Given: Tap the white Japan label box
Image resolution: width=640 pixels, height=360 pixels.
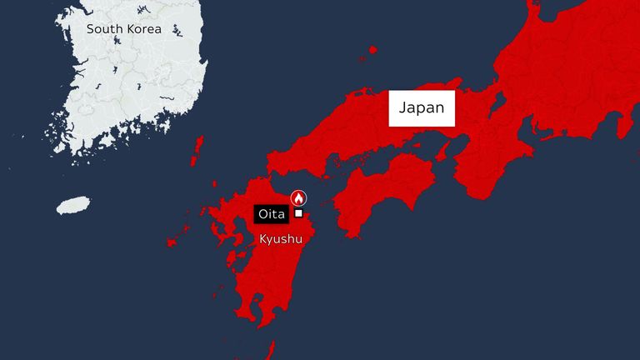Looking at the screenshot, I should click(x=422, y=107).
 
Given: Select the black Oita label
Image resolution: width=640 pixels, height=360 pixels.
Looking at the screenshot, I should click(x=272, y=214).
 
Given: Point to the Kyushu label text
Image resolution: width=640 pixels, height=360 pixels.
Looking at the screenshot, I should click(x=279, y=239).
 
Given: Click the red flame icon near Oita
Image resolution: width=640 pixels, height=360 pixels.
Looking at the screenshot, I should click(x=298, y=197).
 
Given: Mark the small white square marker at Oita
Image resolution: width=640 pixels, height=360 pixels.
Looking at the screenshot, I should click(x=298, y=213).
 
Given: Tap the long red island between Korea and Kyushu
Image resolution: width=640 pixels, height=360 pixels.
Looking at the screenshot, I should click(x=197, y=151).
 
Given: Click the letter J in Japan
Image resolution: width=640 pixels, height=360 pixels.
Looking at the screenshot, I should click(x=403, y=107).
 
